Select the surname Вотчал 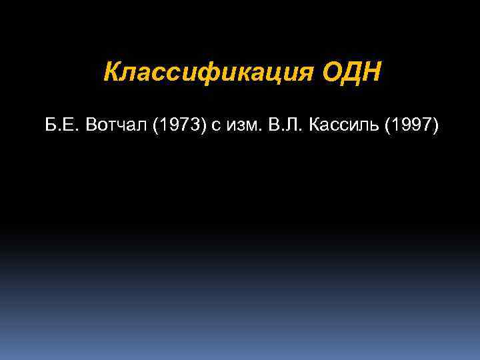[x=117, y=127]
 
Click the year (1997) [x=412, y=127]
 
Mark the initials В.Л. [x=287, y=127]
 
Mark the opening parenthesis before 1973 [x=155, y=127]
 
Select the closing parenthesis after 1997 [x=437, y=127]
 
